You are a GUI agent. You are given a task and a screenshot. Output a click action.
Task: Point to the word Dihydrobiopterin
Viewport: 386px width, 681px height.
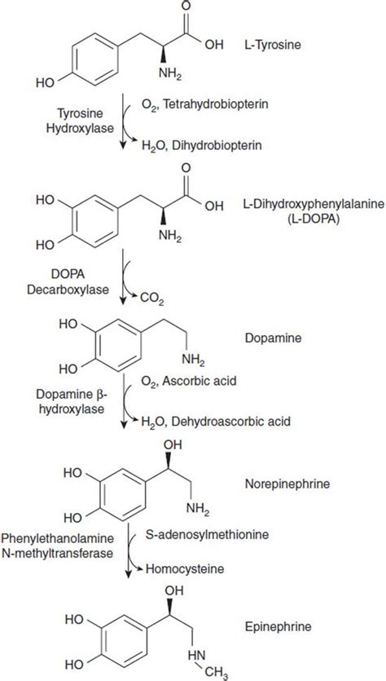coord(217,145)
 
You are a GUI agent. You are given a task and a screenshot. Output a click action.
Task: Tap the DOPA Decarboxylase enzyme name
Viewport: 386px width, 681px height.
coord(68,283)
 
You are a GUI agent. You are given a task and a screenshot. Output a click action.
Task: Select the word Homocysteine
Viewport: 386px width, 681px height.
coord(184,568)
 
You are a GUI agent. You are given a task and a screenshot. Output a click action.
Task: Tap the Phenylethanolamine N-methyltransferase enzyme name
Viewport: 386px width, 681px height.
coord(58,546)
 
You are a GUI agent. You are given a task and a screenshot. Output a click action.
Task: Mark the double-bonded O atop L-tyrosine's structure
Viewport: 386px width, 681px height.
coord(186,6)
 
